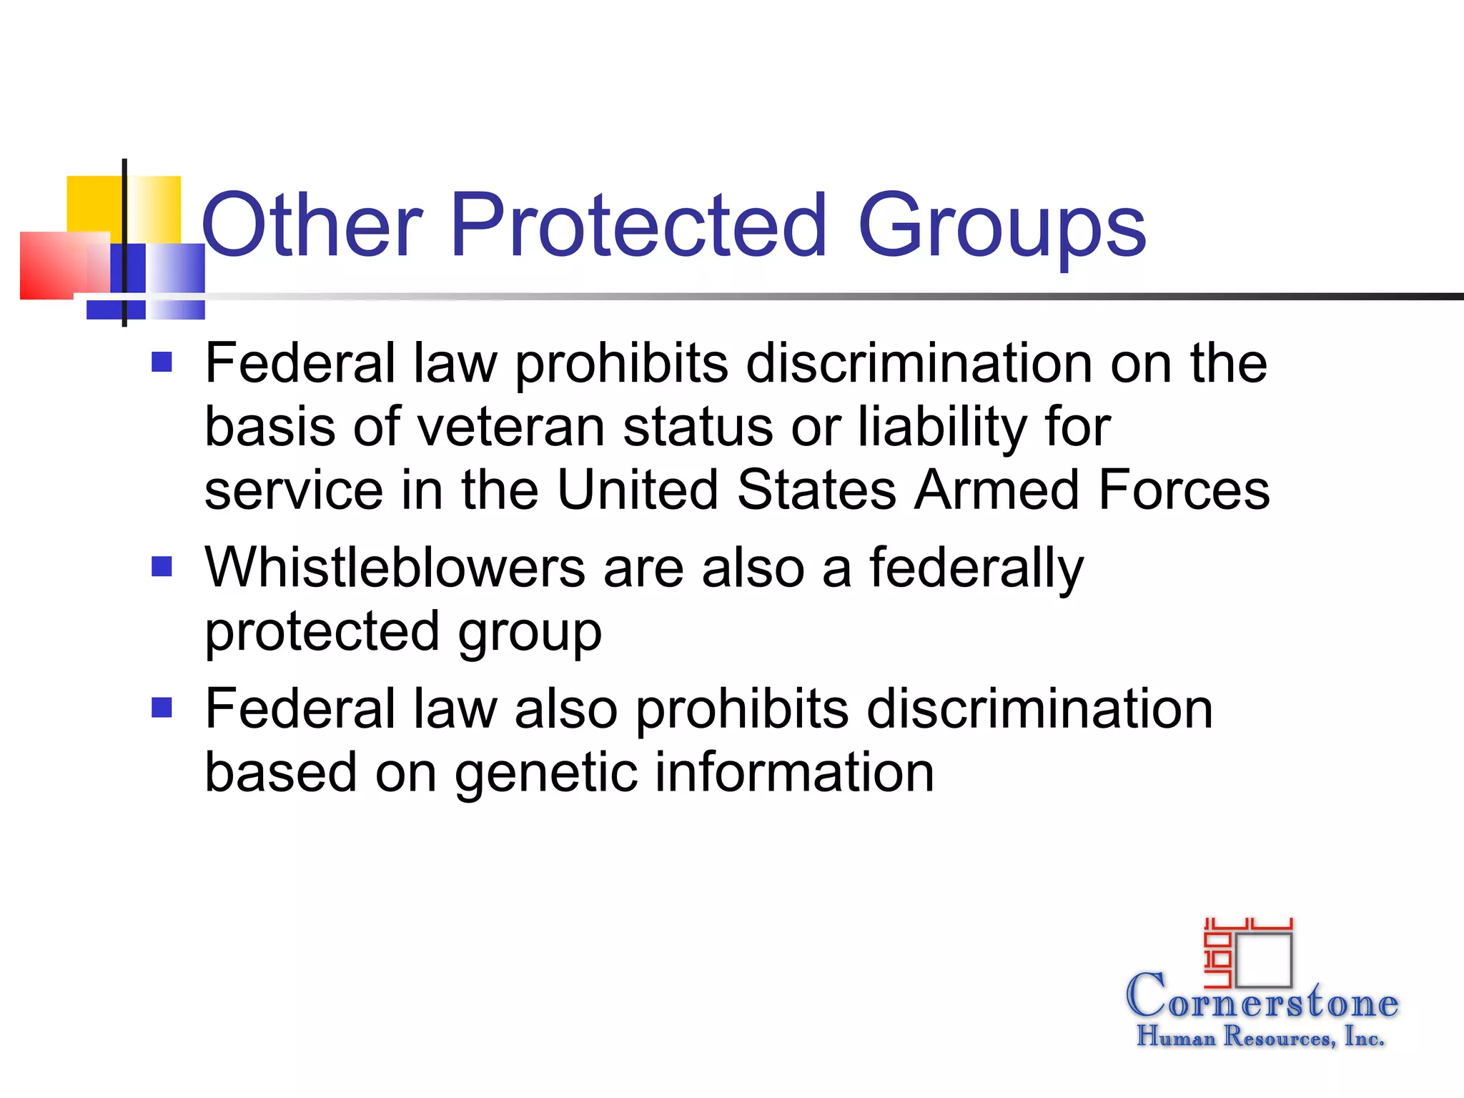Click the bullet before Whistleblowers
(162, 566)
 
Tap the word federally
(976, 569)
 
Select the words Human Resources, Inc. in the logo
(1260, 1036)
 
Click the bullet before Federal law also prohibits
(162, 708)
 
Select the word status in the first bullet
(698, 427)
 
